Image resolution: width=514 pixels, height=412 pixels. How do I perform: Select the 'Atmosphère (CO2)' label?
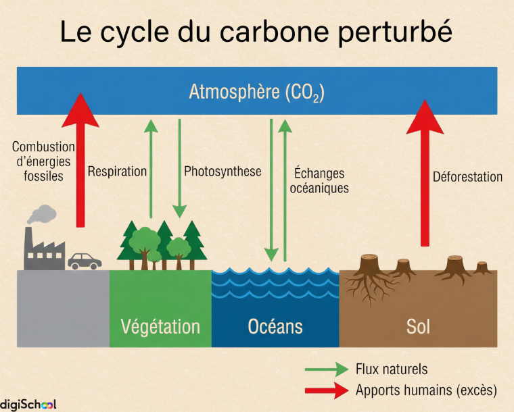[x=256, y=92]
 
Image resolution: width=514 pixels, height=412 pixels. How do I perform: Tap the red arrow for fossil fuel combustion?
[x=81, y=162]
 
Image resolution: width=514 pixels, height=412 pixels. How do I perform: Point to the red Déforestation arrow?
[x=425, y=176]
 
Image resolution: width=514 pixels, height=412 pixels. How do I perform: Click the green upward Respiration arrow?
[x=151, y=169]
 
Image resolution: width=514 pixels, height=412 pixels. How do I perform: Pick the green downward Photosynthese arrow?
[x=180, y=169]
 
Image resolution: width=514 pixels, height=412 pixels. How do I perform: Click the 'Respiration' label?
[x=117, y=172]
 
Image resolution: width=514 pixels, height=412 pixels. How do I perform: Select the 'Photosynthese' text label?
[x=223, y=172]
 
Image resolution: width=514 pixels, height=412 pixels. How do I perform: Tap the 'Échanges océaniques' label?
[x=319, y=181]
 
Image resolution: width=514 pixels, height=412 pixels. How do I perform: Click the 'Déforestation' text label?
[x=467, y=177]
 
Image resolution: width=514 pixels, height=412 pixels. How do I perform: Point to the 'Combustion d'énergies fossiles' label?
[x=43, y=161]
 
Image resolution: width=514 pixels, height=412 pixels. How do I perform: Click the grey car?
[x=85, y=261]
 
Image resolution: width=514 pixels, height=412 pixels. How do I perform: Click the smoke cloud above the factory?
[x=42, y=214]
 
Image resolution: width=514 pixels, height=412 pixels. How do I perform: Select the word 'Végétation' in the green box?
[x=160, y=327]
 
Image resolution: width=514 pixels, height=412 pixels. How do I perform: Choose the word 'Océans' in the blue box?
[x=275, y=327]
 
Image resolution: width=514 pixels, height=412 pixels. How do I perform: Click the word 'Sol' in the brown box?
[x=418, y=327]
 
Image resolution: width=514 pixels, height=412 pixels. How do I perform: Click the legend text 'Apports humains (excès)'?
[x=426, y=390]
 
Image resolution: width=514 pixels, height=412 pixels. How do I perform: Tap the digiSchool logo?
[x=28, y=404]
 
